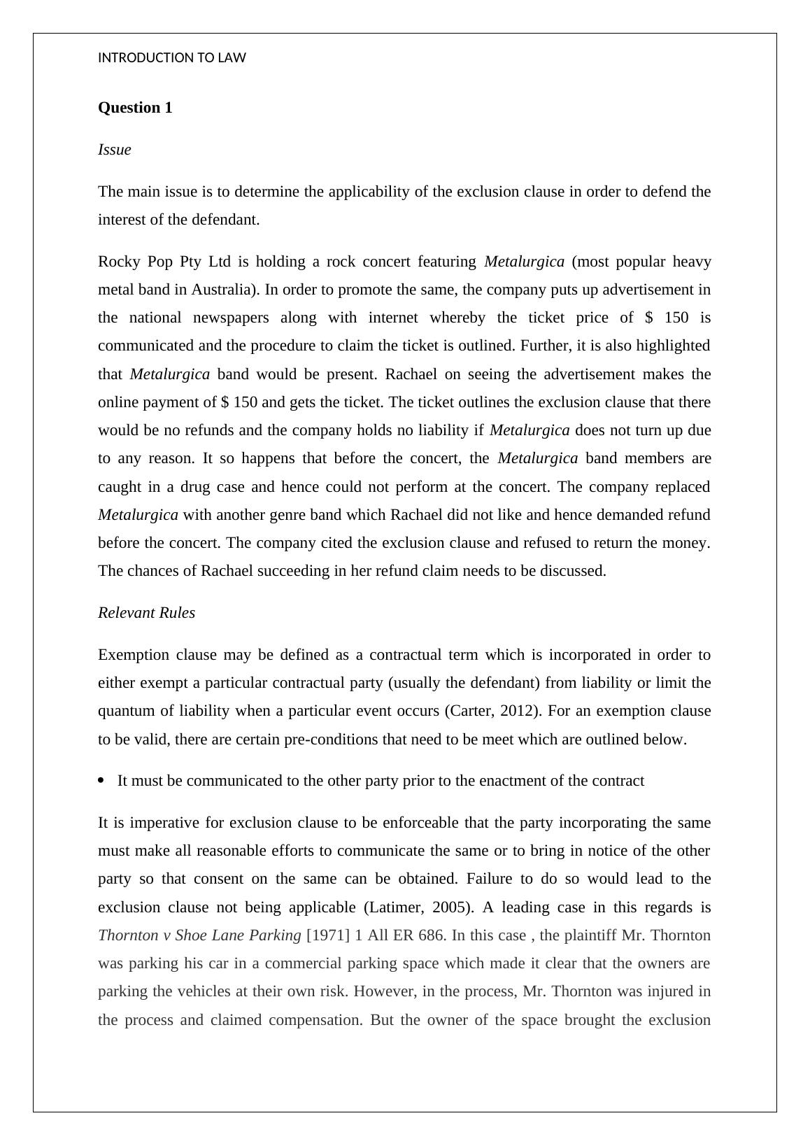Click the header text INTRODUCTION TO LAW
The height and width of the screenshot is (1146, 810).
(x=171, y=58)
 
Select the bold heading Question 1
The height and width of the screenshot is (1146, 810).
(x=135, y=108)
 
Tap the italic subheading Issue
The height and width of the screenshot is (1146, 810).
(x=114, y=150)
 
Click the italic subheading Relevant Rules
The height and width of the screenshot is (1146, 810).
(x=146, y=613)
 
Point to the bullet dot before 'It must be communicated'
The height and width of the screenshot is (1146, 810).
(x=102, y=781)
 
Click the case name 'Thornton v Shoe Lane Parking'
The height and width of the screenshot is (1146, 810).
(x=199, y=935)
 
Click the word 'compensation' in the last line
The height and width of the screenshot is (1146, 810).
(x=315, y=1020)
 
